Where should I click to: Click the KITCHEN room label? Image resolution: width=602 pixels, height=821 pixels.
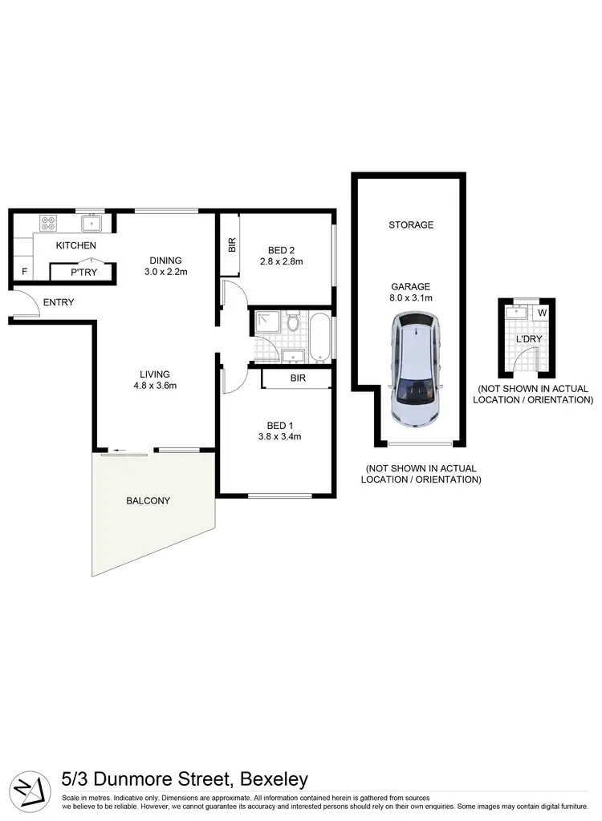pos(76,245)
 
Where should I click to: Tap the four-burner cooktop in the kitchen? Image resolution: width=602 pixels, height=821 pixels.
pos(47,224)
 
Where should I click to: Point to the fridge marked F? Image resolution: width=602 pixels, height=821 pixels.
pos(25,273)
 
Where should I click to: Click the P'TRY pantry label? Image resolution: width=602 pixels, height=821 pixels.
pos(83,273)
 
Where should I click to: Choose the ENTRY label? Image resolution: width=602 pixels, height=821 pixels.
pos(59,302)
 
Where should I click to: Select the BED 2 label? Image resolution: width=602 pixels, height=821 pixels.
pos(281,248)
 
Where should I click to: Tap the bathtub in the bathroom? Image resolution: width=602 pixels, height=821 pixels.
pos(319,337)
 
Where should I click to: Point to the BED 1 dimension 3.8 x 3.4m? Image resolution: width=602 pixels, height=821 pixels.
pos(279,437)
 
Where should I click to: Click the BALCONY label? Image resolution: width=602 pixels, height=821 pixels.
pos(148,500)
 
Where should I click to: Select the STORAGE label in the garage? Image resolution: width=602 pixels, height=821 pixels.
pos(411,225)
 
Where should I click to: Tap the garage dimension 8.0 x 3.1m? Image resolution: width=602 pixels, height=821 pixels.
pos(411,299)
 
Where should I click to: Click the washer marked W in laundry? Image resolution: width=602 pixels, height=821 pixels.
pos(542,313)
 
